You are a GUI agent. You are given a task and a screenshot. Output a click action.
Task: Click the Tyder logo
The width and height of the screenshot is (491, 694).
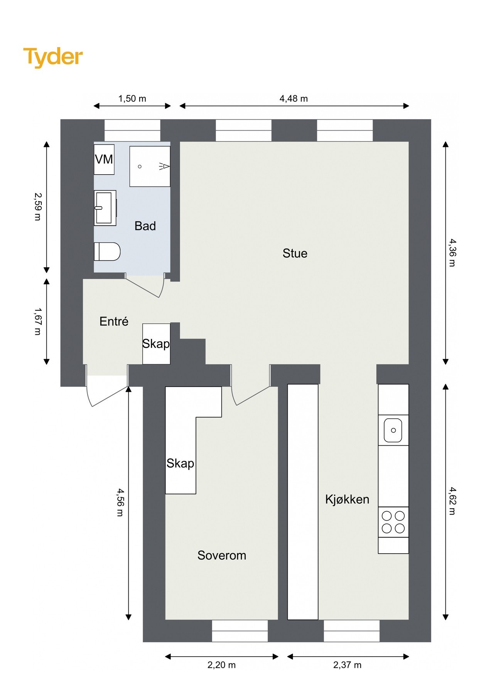pos(53,57)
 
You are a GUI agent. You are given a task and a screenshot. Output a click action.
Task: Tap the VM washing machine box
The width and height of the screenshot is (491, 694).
pos(104,159)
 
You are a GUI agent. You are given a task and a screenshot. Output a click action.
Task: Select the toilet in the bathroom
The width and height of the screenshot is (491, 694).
pos(107,251)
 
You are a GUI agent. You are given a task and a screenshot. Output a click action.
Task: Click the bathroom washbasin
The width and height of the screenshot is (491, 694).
pos(105,208)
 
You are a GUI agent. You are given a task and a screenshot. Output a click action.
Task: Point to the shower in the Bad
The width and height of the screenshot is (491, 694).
pos(150,166)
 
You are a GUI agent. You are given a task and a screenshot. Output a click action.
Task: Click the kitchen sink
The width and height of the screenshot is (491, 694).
pos(393,430)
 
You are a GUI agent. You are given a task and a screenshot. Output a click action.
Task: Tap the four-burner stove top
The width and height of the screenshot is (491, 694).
pos(393,522)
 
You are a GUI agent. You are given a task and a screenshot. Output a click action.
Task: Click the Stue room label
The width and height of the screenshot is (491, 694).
pos(295,253)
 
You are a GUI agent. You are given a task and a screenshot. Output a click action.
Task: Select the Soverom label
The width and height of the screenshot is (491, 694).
pos(222,555)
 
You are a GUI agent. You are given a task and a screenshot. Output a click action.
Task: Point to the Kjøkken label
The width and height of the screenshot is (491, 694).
pos(347,499)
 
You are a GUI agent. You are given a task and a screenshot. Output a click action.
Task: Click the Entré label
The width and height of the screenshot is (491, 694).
pos(114,321)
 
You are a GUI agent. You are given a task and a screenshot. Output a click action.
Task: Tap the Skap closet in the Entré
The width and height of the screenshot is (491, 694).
pos(156,344)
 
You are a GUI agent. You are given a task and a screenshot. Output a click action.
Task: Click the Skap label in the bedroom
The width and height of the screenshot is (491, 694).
pos(180,463)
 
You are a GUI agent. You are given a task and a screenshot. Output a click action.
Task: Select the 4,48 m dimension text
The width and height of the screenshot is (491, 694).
pos(294,99)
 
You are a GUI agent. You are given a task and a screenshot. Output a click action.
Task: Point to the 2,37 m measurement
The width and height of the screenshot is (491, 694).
pos(348,665)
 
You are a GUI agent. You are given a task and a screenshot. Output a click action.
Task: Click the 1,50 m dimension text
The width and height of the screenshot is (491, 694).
pos(132,99)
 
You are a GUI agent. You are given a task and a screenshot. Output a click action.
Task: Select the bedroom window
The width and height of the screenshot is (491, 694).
pos(240,631)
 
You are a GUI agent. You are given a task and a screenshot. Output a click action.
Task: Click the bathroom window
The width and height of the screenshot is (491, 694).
pos(133,130)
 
